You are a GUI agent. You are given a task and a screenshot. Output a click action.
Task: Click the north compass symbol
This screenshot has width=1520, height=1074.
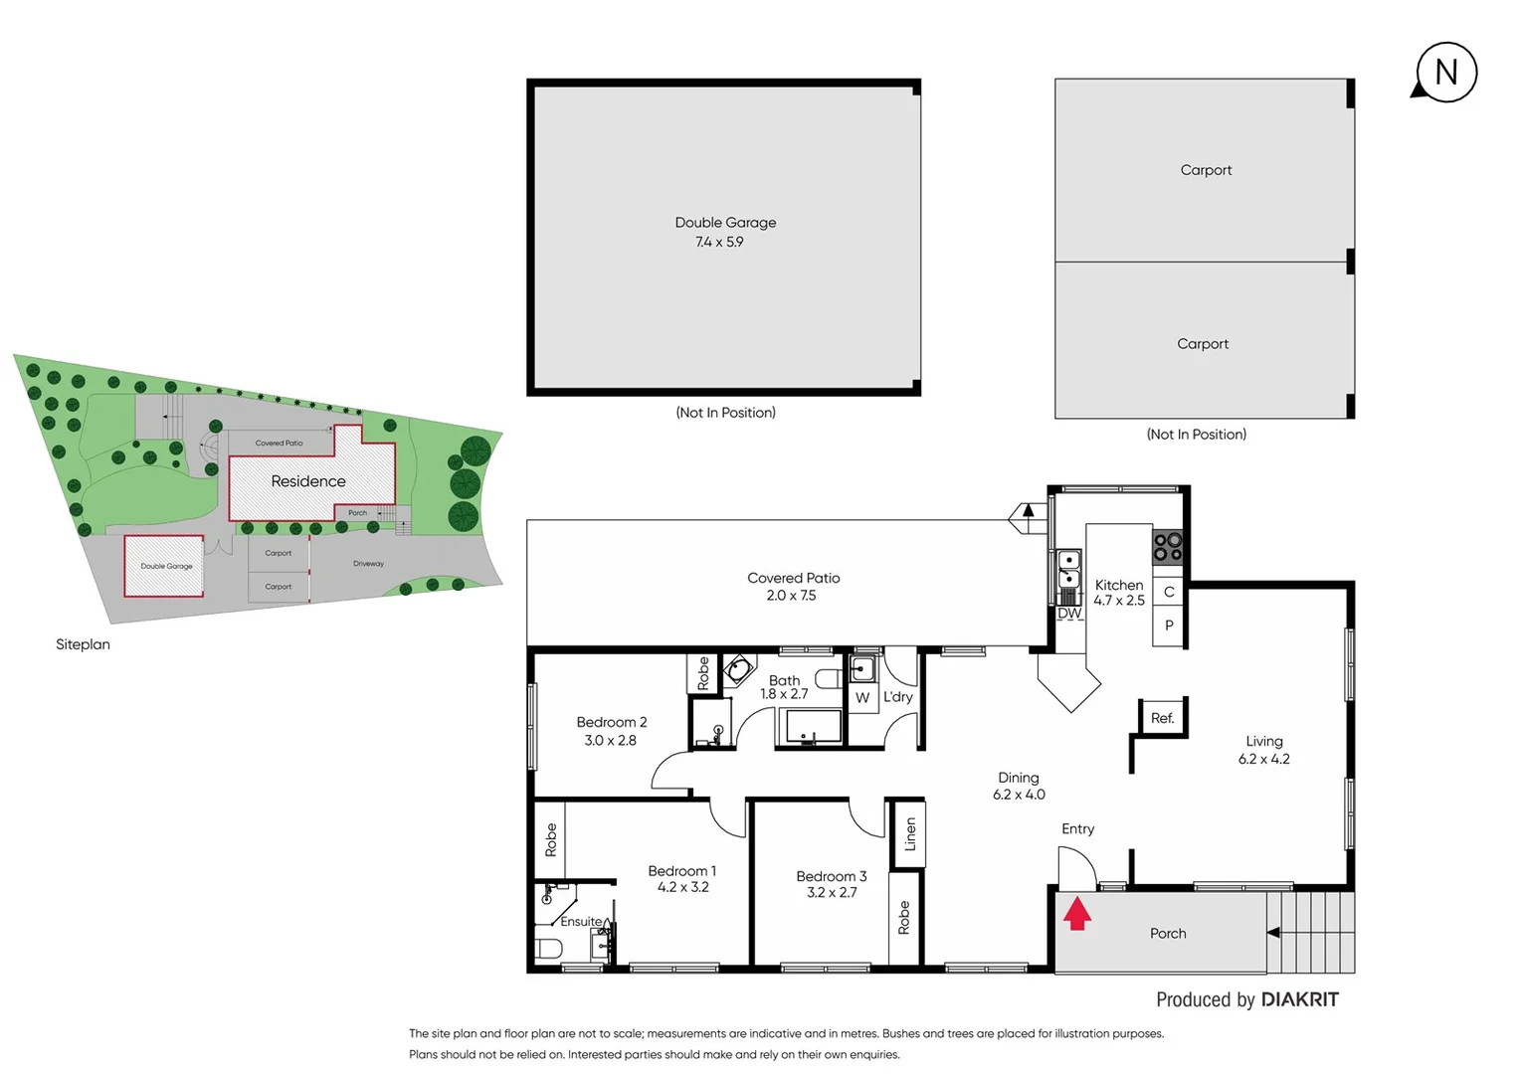(x=1445, y=73)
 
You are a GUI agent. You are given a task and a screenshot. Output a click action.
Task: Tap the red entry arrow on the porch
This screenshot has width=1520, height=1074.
(x=1077, y=914)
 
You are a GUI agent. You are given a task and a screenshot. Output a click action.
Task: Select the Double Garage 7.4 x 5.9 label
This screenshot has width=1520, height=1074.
(x=724, y=232)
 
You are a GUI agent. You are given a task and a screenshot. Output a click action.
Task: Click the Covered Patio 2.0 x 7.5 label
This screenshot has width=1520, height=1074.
(x=793, y=587)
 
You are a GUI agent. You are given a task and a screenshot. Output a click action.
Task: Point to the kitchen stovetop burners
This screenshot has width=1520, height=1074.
(x=1167, y=547)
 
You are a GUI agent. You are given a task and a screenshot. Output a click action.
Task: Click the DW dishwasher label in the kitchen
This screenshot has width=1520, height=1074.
(x=1069, y=614)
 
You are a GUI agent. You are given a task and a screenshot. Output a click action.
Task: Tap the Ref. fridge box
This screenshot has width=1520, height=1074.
(x=1162, y=718)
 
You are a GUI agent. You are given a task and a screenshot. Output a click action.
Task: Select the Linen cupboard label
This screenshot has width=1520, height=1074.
(x=909, y=833)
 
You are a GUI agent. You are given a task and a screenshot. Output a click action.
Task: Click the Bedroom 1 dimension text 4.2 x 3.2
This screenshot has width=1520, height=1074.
(x=682, y=887)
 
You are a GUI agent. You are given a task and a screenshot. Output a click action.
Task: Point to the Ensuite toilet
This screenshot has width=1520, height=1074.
(x=548, y=948)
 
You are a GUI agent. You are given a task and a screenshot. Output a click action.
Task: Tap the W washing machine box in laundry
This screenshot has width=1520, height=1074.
(x=862, y=698)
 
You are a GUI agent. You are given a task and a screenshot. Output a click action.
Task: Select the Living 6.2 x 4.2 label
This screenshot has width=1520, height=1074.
(x=1263, y=750)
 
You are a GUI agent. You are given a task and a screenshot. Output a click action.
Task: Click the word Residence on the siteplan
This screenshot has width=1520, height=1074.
(x=308, y=481)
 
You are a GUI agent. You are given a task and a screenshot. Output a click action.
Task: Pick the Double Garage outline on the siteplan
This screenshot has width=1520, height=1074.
(x=164, y=566)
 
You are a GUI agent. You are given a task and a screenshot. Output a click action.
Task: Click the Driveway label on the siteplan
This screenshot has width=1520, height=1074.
(x=368, y=564)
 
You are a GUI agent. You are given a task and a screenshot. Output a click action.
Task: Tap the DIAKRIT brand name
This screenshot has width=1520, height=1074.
(x=1299, y=999)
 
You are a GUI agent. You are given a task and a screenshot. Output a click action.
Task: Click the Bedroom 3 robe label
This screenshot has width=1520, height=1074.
(x=903, y=918)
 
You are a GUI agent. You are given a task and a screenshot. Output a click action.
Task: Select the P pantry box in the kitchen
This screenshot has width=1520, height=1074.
(x=1169, y=626)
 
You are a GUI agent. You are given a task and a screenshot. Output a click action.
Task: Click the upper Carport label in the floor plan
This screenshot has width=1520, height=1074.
(x=1206, y=170)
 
